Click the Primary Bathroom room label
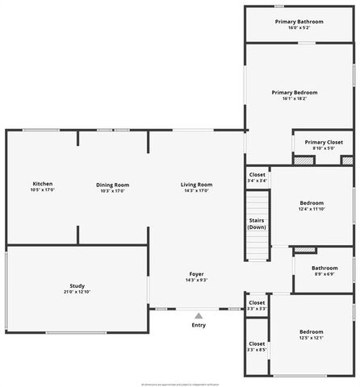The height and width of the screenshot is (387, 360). pyautogui.click(x=299, y=21)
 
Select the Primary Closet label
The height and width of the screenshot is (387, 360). pyautogui.click(x=324, y=142)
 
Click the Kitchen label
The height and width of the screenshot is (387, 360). pyautogui.click(x=42, y=185)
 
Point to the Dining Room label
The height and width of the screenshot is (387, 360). pyautogui.click(x=113, y=185)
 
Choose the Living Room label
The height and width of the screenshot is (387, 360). pyautogui.click(x=196, y=185)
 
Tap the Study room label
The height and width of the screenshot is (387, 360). pyautogui.click(x=77, y=287)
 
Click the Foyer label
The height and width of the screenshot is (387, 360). pyautogui.click(x=196, y=274)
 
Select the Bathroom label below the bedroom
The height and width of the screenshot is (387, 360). pyautogui.click(x=324, y=268)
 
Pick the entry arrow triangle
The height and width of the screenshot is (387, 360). pyautogui.click(x=199, y=316)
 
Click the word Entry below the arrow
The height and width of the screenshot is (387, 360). pyautogui.click(x=199, y=325)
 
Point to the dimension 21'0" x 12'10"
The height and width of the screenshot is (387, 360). pyautogui.click(x=77, y=293)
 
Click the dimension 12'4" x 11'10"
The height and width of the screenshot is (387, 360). pyautogui.click(x=312, y=209)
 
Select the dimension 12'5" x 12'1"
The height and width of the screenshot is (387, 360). pyautogui.click(x=312, y=338)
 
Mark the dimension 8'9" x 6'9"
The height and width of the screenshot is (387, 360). pyautogui.click(x=324, y=274)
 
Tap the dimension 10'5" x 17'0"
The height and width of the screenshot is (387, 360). pyautogui.click(x=42, y=191)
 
